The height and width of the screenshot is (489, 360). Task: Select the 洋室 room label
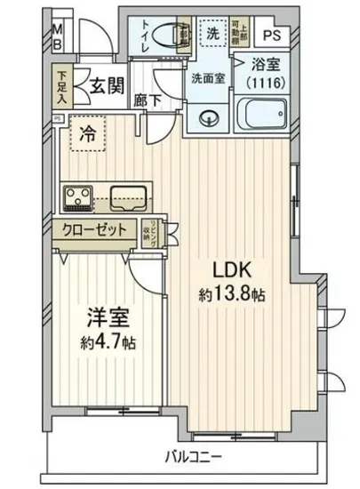[x=106, y=317]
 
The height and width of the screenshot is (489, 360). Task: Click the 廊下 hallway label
[x=148, y=100]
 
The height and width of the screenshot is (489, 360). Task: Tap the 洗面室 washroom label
[x=208, y=77]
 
